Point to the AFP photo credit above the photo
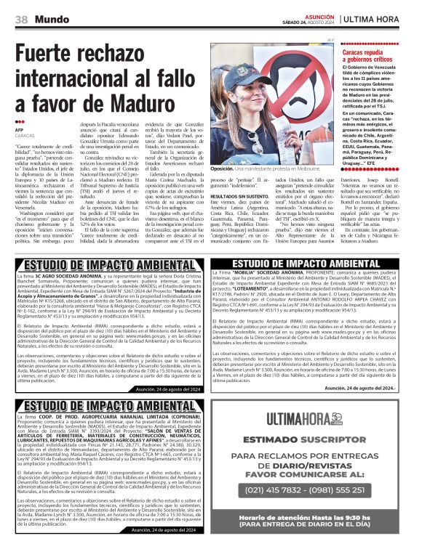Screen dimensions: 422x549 (330, 41)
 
